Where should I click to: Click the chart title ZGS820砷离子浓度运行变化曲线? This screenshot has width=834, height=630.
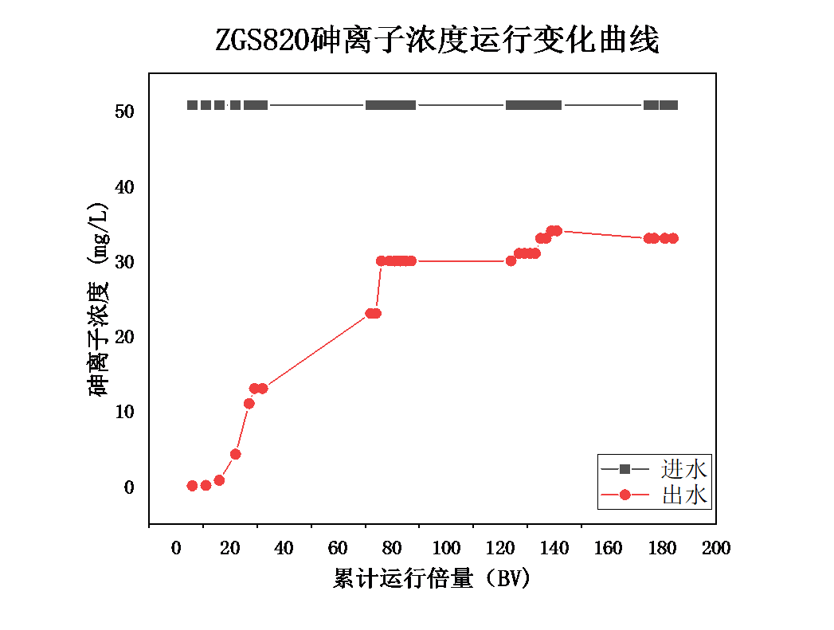[437, 40]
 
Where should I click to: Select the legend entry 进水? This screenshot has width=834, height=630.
[683, 468]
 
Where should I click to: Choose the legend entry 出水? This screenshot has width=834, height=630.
[683, 495]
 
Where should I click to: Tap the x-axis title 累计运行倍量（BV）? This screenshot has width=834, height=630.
[431, 579]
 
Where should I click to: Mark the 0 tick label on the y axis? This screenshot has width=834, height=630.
[129, 487]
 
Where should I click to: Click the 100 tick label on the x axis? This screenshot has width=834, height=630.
[446, 549]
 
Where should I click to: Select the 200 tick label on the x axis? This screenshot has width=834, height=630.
[716, 549]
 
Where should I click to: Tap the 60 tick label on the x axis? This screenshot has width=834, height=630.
[338, 549]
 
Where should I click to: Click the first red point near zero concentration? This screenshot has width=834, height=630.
[192, 486]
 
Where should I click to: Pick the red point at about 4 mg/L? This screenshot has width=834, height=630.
[235, 454]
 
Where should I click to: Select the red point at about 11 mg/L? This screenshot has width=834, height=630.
[249, 403]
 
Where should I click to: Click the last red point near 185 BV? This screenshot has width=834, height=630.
[673, 238]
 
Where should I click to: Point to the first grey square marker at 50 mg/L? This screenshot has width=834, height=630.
[192, 105]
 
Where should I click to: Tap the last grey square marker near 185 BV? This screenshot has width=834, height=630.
[673, 105]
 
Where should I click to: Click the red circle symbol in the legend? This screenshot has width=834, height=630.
[625, 495]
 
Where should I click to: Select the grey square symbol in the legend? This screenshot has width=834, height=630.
[625, 468]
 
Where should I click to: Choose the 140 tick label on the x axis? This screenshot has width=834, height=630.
[554, 549]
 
